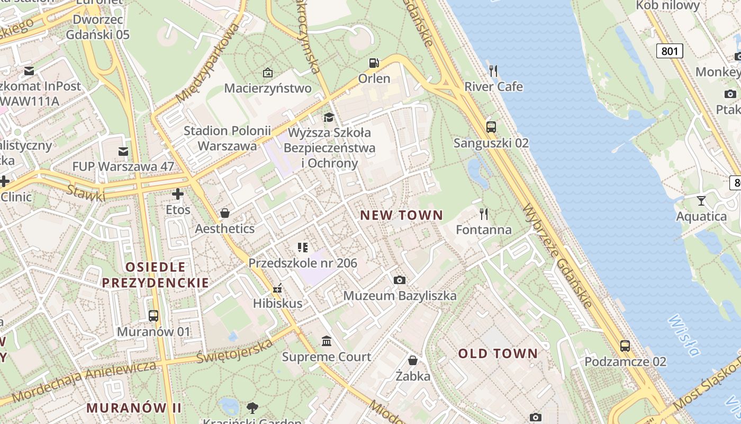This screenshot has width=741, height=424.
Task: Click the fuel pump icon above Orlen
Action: point(374,63)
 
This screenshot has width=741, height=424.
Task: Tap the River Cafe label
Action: point(493,86)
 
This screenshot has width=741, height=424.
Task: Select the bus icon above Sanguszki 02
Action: point(491,127)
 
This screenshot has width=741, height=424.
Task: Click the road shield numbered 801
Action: point(669,51)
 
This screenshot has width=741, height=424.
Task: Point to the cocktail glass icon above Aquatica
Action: point(701,200)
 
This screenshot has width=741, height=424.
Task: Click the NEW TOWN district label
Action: point(401,215)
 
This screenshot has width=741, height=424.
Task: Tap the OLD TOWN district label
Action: point(498,354)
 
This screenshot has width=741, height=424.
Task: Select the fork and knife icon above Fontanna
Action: point(483,214)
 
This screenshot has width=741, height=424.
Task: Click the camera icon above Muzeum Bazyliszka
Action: point(400,280)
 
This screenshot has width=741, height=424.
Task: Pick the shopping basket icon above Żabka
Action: point(413,361)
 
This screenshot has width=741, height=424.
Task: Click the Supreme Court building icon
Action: point(327,341)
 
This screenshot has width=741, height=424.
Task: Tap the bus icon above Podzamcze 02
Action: point(625,346)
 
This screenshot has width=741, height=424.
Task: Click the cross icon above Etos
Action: point(178,194)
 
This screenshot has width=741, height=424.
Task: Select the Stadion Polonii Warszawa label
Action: point(227,138)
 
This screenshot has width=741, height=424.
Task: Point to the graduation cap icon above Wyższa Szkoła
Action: point(329,117)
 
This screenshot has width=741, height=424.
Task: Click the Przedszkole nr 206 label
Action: point(303,263)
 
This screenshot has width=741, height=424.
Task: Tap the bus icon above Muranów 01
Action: point(153,316)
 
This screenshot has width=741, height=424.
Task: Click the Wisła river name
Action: point(684,335)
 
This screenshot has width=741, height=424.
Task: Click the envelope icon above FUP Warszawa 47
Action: point(123,152)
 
